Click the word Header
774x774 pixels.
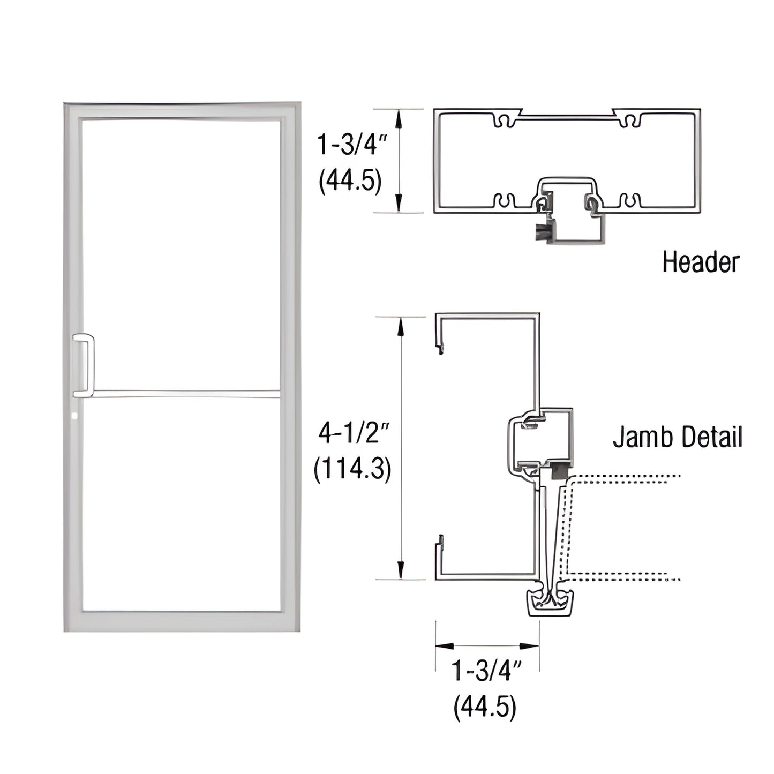click(x=700, y=262)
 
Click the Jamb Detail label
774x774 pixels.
click(x=678, y=437)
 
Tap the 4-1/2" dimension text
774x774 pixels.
click(x=352, y=433)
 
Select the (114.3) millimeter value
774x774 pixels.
click(x=352, y=470)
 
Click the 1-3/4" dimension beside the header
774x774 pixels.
click(x=351, y=144)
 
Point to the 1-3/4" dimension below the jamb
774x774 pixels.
click(x=486, y=672)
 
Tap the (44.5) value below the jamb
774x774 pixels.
click(x=485, y=708)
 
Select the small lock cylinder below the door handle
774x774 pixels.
click(x=75, y=415)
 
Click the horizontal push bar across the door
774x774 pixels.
click(x=185, y=394)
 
